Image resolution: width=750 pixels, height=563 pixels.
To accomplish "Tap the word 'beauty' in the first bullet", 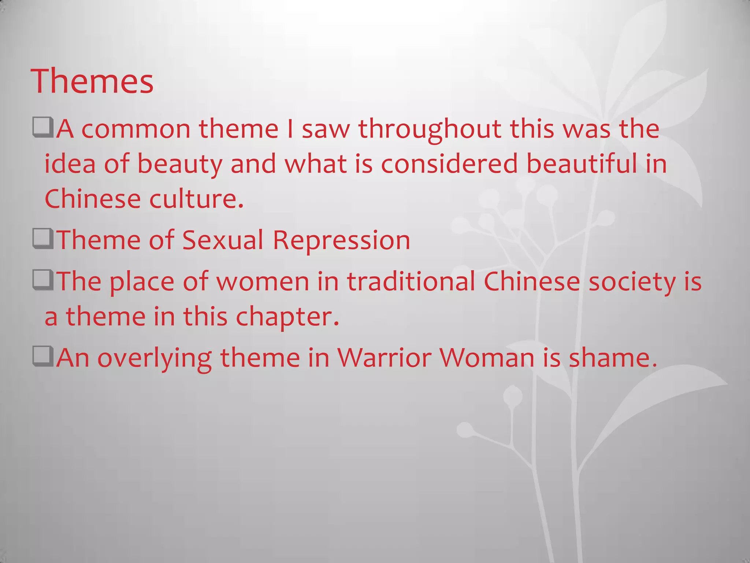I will pos(179,164).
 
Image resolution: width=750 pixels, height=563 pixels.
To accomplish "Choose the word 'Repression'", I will pos(341,241).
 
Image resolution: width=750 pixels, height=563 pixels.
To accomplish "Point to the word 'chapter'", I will pos(287,317).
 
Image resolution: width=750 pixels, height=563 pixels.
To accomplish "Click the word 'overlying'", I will pos(155,358).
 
